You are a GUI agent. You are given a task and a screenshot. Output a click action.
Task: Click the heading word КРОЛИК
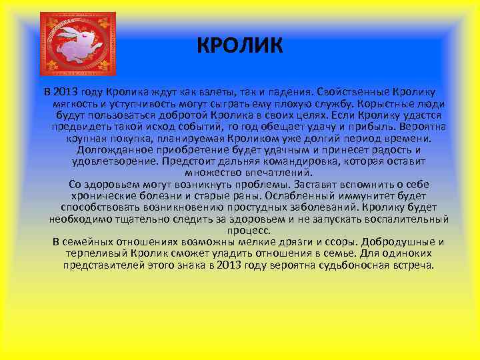click(x=240, y=46)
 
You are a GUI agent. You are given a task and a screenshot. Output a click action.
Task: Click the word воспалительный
click(x=405, y=219)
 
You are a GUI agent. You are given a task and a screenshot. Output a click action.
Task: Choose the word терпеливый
click(x=97, y=253)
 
